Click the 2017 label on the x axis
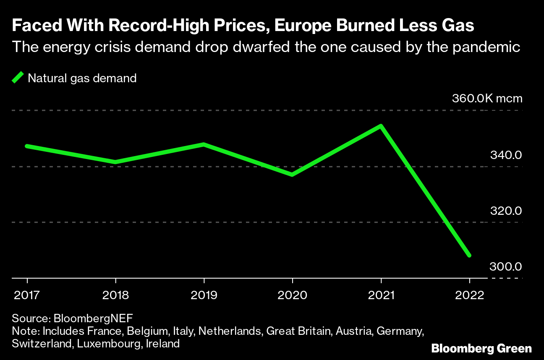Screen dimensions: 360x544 click(x=27, y=295)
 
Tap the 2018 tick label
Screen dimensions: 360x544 click(x=115, y=295)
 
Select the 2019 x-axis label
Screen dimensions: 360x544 click(x=204, y=295)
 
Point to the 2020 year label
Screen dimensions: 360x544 click(x=292, y=295)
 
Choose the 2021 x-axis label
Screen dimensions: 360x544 click(x=381, y=295)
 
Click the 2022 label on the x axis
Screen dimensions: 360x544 click(x=469, y=295)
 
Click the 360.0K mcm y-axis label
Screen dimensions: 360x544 click(x=487, y=99)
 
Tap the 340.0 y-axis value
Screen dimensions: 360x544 click(x=506, y=155)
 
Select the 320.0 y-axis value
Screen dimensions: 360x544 click(x=506, y=211)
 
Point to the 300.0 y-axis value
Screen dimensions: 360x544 click(x=506, y=267)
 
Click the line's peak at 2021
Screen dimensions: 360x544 click(x=381, y=126)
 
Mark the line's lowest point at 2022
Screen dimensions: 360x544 click(x=469, y=255)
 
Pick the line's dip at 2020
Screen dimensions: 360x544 click(x=292, y=175)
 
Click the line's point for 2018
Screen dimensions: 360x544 click(x=115, y=162)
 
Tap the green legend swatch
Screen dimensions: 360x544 click(x=18, y=78)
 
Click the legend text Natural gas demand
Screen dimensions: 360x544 click(x=82, y=78)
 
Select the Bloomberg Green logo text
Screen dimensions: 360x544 click(x=481, y=348)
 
